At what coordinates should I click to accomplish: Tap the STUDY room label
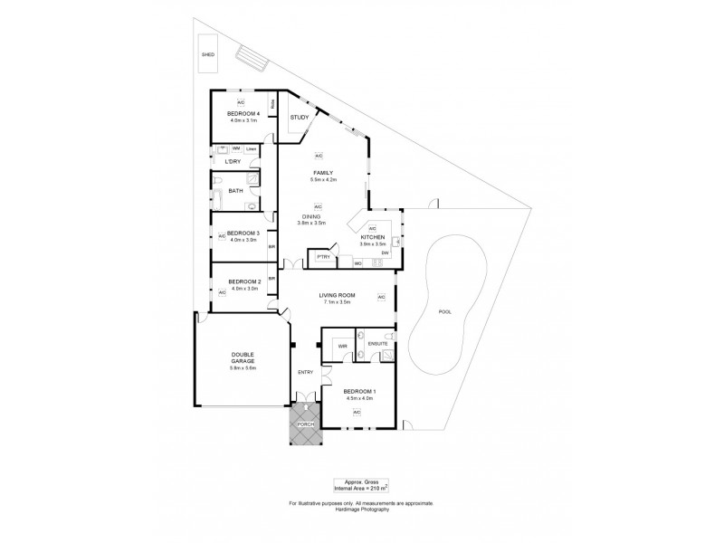pos(299,118)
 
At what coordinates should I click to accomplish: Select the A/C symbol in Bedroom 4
pos(242,102)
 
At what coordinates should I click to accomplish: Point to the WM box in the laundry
pos(235,148)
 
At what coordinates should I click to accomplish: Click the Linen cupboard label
pos(252,148)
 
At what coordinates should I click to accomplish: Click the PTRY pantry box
pos(321,258)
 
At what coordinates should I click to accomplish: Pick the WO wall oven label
pos(358,263)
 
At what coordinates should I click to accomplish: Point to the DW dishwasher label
pos(385,254)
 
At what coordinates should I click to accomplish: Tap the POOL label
pos(443,311)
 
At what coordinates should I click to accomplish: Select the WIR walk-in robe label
pos(343,347)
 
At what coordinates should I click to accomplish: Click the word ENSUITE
pos(379,344)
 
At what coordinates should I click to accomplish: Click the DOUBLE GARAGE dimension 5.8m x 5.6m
pos(243,368)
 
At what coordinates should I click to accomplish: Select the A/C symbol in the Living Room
pos(381,297)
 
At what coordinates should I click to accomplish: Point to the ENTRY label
pos(305,372)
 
